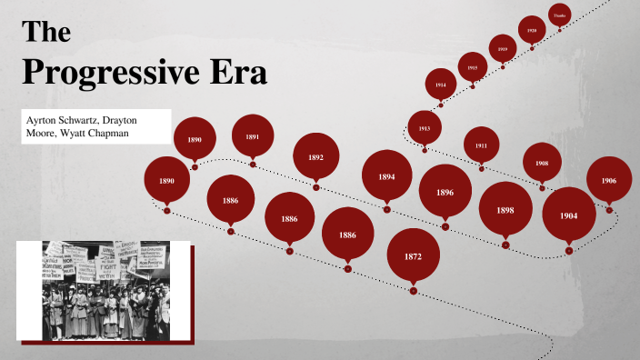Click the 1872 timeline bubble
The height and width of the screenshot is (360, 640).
413,256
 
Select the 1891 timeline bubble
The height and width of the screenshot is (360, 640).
253,136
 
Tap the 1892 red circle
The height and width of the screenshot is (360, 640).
315,157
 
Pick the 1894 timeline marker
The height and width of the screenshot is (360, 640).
386,176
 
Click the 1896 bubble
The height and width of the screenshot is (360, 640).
445,193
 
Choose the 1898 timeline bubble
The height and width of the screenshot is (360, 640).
505,210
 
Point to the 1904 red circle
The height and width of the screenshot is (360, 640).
569,215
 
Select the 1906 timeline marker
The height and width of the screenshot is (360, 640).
609,181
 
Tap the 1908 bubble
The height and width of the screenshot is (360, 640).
542,163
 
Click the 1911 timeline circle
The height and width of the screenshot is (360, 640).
481,145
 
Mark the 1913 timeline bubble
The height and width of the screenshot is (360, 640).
425,128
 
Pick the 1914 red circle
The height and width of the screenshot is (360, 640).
441,85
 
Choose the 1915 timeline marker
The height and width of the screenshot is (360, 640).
473,67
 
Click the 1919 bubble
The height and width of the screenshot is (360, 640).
502,49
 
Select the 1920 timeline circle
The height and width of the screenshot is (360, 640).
532,30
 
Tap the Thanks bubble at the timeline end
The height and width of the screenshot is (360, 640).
559,15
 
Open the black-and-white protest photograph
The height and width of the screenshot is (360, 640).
103,290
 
